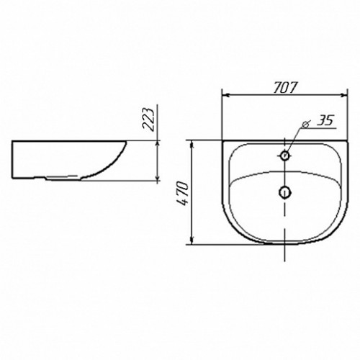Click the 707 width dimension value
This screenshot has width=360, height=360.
point(286,88)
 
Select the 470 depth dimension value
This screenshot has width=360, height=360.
point(182,194)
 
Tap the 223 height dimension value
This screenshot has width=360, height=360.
point(148,120)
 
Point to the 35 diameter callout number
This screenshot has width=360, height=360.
point(325,120)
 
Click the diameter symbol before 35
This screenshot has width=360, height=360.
point(306,124)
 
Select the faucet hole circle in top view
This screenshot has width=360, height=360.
point(285,156)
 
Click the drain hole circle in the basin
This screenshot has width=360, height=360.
point(285,192)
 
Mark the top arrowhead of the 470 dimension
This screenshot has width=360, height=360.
point(192,145)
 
